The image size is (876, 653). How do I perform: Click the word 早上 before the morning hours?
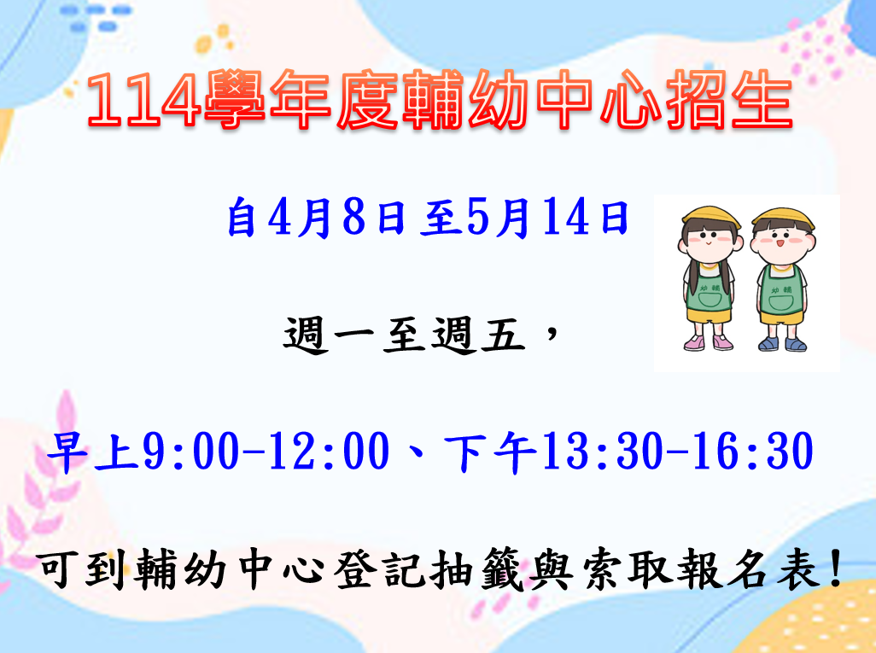tap(93, 452)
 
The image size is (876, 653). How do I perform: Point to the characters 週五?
tap(478, 335)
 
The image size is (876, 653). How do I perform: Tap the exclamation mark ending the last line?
tap(837, 568)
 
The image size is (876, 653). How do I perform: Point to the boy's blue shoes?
tap(782, 343)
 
